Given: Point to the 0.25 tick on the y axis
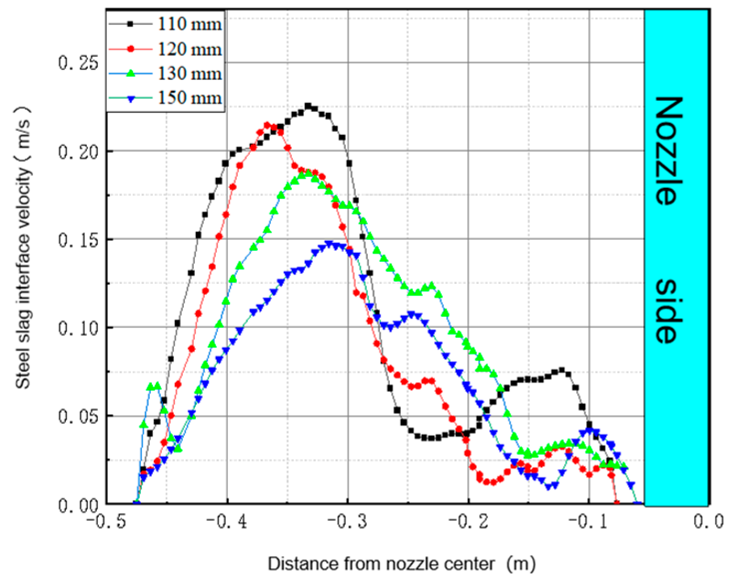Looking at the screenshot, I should pyautogui.click(x=78, y=63).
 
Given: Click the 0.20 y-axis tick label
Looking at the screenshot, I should pyautogui.click(x=78, y=151).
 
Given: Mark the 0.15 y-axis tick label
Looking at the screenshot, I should pyautogui.click(x=78, y=240).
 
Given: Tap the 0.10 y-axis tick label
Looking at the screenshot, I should pyautogui.click(x=78, y=328).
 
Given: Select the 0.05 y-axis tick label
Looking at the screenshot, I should pyautogui.click(x=78, y=416).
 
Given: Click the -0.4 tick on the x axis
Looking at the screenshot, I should pyautogui.click(x=226, y=522).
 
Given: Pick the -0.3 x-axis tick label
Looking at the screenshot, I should pyautogui.click(x=347, y=522).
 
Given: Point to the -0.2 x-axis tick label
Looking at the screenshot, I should pyautogui.click(x=468, y=522).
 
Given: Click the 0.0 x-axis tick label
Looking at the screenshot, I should pyautogui.click(x=708, y=522).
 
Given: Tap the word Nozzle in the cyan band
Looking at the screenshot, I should pyautogui.click(x=668, y=151).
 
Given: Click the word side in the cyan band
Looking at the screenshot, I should pyautogui.click(x=668, y=311).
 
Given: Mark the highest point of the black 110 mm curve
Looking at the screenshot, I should pyautogui.click(x=308, y=106).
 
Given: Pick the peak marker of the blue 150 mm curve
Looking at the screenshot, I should pyautogui.click(x=329, y=244).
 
